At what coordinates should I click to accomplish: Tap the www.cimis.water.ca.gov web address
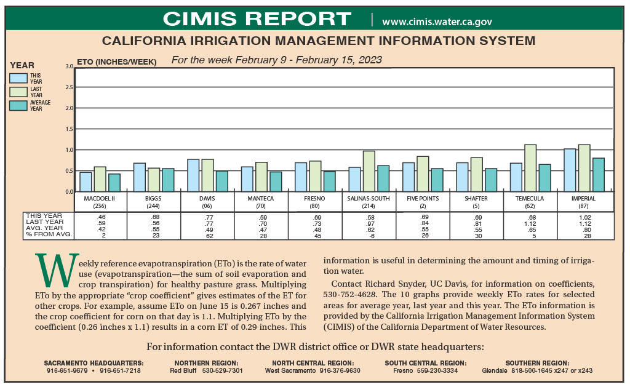pos(437,22)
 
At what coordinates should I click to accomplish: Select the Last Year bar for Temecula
pos(530,168)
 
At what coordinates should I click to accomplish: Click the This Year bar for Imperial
pos(570,170)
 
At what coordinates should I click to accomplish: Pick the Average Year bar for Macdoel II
pos(114,183)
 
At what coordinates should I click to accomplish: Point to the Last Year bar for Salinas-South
pos(369,171)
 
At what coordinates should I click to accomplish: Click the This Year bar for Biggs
pos(140,177)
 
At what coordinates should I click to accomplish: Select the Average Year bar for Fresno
pos(329,182)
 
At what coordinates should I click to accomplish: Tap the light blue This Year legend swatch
pos(18,78)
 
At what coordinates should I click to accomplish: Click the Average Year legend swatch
pos(18,105)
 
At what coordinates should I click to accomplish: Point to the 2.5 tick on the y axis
pos(70,87)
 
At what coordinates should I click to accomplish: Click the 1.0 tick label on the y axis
pos(70,150)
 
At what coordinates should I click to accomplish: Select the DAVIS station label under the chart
pos(207,199)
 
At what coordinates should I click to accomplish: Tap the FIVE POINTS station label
pos(423,199)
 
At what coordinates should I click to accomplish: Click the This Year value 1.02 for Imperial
pos(585,217)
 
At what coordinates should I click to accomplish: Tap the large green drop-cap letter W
pos(57,270)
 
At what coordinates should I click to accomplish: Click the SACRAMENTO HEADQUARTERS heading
pos(94,363)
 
